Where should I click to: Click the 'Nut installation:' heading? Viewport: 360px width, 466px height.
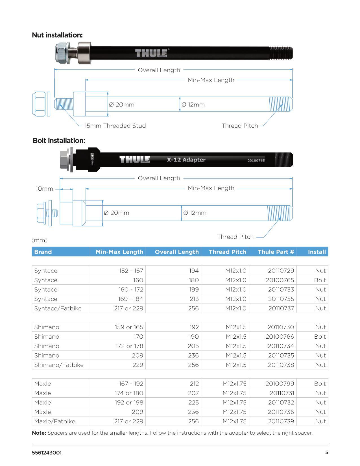click(x=57, y=35)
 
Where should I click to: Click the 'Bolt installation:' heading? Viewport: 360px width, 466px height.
click(x=59, y=140)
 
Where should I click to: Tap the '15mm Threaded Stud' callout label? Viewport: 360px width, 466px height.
click(x=115, y=126)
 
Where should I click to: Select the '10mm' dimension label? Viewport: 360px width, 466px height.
click(x=44, y=189)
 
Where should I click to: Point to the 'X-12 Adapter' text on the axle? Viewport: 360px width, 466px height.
click(x=186, y=160)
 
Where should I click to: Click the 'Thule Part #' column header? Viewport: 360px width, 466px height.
click(x=276, y=252)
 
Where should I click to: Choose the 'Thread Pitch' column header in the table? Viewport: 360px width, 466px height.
click(x=227, y=252)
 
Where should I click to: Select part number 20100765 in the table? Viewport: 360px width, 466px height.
click(x=280, y=280)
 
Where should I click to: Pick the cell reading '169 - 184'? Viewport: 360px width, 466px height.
click(x=130, y=299)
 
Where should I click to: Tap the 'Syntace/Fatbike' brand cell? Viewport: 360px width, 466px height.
click(x=58, y=308)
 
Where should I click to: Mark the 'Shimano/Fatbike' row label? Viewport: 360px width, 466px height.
click(x=59, y=365)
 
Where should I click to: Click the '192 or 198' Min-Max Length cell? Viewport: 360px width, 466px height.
click(x=129, y=402)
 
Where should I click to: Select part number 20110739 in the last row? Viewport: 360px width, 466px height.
click(x=281, y=421)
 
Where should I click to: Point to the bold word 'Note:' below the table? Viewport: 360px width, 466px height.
click(x=39, y=433)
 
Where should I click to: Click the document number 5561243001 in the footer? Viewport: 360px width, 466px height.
click(x=47, y=452)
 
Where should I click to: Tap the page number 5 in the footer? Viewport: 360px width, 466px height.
click(x=327, y=452)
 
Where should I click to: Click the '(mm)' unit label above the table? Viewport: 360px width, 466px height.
click(x=40, y=240)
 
